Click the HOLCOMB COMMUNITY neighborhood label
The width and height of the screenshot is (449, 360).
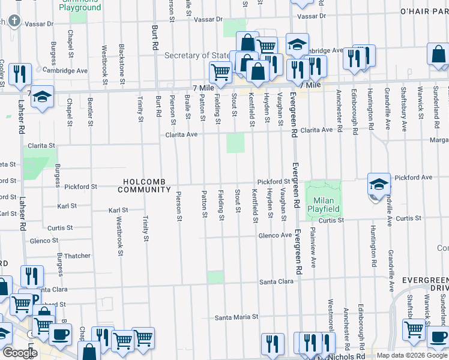tap(144, 185)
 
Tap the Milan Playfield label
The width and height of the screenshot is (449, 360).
tap(324, 205)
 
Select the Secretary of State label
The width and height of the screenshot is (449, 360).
tap(197, 55)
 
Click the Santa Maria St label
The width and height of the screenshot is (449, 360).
tap(237, 316)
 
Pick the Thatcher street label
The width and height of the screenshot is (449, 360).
tap(77, 256)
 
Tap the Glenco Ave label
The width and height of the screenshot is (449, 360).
tap(275, 236)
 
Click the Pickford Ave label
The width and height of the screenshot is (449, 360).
tap(414, 178)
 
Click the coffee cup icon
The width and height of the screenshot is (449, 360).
tap(59, 334)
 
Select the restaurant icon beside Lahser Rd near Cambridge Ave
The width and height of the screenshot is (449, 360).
tap(22, 74)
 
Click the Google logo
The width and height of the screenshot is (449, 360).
tap(20, 353)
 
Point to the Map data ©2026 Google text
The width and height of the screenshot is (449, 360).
tap(411, 355)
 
